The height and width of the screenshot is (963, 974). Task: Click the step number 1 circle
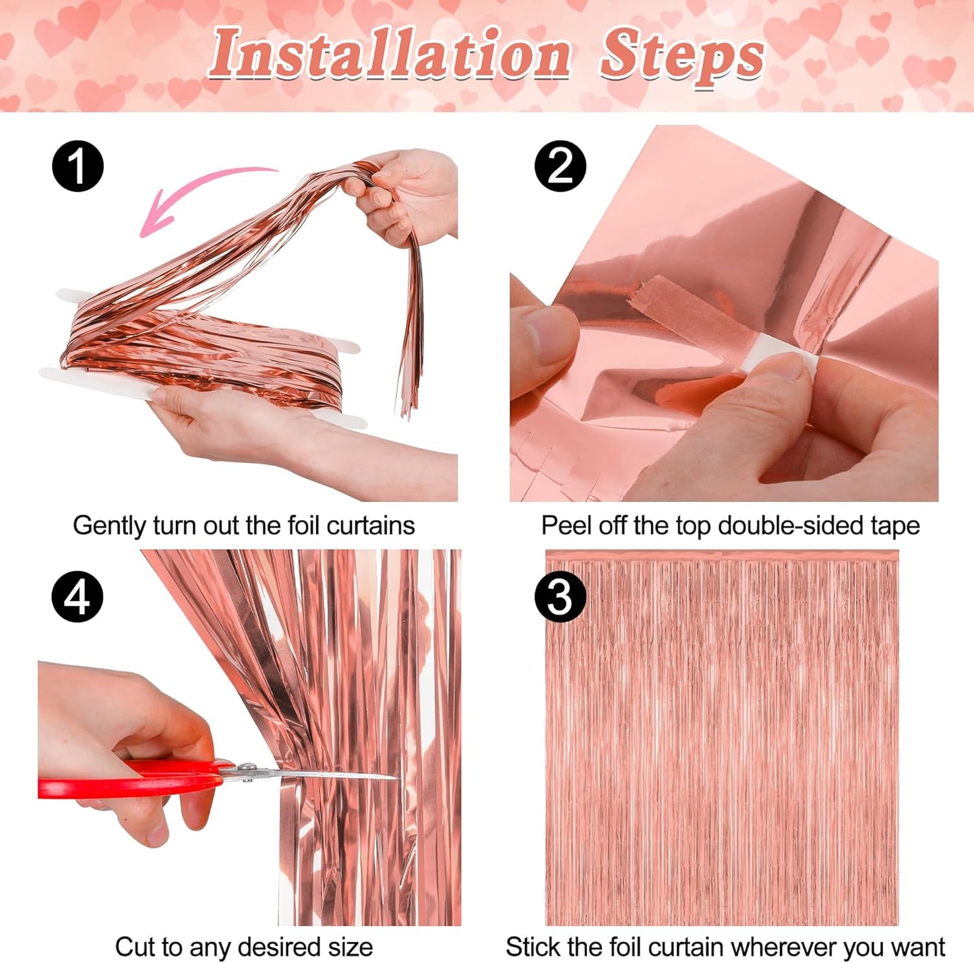point(78,166)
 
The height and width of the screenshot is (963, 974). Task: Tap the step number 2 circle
point(560,166)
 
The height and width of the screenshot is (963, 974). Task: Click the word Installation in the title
point(390,54)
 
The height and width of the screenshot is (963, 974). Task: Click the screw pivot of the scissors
point(247,768)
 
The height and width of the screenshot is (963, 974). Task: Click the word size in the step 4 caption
point(351,947)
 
